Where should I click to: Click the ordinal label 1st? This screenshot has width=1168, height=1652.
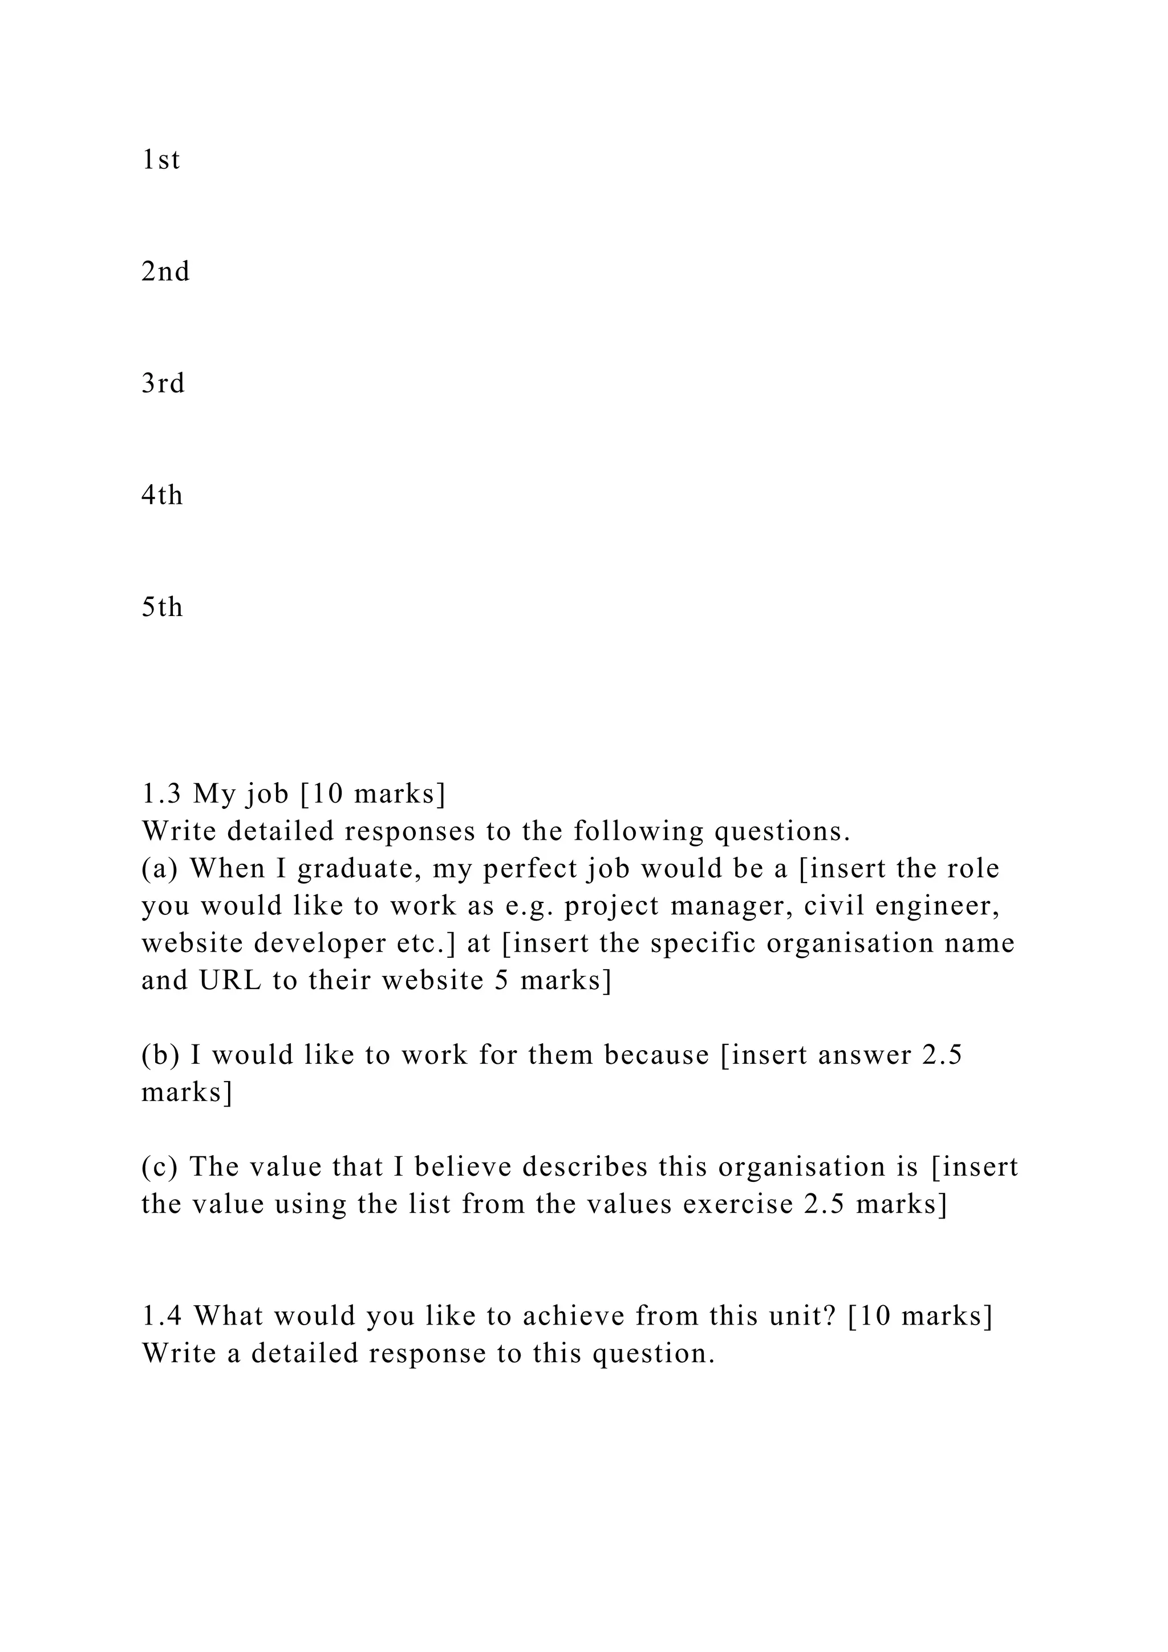pos(160,160)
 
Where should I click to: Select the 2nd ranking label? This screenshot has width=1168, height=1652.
pos(165,272)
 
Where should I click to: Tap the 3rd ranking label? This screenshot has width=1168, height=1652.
pos(163,383)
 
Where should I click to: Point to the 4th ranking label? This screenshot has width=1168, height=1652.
pos(162,496)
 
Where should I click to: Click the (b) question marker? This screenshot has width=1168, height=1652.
pos(159,1055)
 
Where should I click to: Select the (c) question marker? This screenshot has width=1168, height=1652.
pos(159,1167)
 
